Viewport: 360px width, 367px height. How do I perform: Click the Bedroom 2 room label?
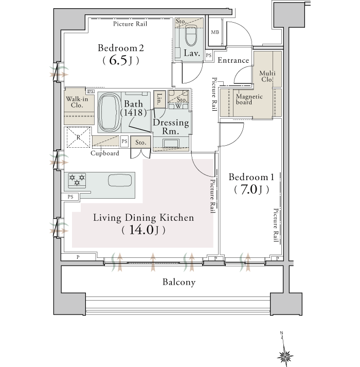click(x=121, y=48)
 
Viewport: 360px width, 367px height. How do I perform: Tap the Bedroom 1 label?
click(x=251, y=177)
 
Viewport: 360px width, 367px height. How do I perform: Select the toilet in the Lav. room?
click(x=191, y=36)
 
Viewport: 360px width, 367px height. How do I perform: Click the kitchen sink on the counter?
click(x=120, y=181)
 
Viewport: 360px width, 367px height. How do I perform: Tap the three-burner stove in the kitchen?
click(x=77, y=181)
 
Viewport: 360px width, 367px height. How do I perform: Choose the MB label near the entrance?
click(x=215, y=32)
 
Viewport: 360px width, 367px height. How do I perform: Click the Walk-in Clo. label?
click(x=77, y=102)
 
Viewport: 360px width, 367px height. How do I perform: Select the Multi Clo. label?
click(x=267, y=76)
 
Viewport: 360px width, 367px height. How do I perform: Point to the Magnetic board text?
click(x=249, y=99)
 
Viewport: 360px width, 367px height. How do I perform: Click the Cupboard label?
click(x=105, y=153)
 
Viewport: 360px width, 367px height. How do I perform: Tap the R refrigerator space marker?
click(x=78, y=137)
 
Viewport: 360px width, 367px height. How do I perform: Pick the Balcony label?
click(x=179, y=282)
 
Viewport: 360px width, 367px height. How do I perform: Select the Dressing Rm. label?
click(x=171, y=127)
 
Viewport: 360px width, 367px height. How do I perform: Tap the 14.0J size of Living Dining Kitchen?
click(x=143, y=230)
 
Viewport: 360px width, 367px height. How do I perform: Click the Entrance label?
click(x=233, y=60)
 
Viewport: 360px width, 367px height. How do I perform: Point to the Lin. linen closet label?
click(x=159, y=99)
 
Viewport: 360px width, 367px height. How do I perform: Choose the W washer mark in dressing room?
click(x=178, y=106)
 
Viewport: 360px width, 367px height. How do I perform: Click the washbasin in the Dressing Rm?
click(x=171, y=143)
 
